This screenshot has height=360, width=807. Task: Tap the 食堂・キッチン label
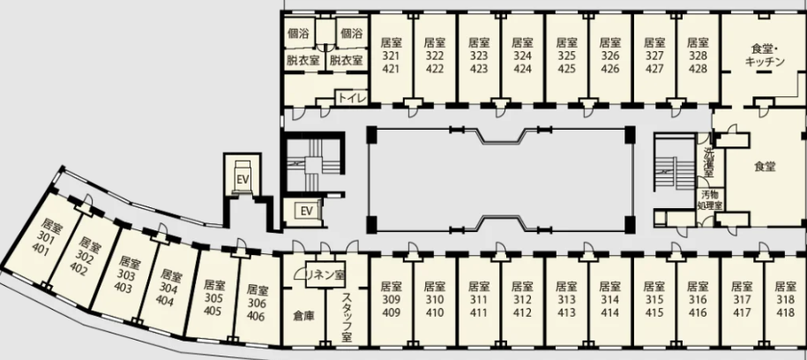pyautogui.click(x=765, y=56)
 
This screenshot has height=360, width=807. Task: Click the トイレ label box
pyautogui.click(x=352, y=97)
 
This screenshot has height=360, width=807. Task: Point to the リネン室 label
pyautogui.click(x=325, y=274)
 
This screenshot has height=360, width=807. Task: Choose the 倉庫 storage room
pyautogui.click(x=303, y=316)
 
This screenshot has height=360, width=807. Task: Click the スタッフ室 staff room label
pyautogui.click(x=347, y=318)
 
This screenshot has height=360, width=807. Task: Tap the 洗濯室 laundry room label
pyautogui.click(x=709, y=161)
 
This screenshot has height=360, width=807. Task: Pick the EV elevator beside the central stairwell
pyautogui.click(x=307, y=211)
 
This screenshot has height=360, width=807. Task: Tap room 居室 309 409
pyautogui.click(x=391, y=299)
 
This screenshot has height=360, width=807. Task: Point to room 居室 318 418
pyautogui.click(x=785, y=299)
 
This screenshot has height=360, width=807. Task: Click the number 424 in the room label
pyautogui.click(x=522, y=69)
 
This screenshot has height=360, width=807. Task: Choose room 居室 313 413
pyautogui.click(x=566, y=299)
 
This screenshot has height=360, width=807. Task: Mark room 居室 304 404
pyautogui.click(x=168, y=289)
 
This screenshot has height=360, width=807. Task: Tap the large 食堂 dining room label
pyautogui.click(x=765, y=167)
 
